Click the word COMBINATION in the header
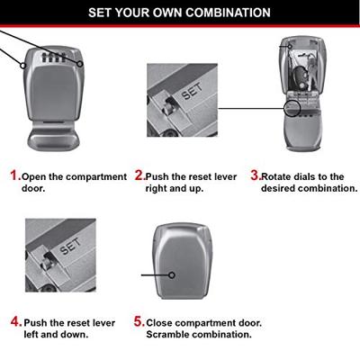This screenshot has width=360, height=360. tap(228, 13)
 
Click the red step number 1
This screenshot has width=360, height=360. tap(13, 175)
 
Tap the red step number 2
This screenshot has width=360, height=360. tap(139, 175)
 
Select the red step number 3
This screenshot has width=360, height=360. tap(255, 175)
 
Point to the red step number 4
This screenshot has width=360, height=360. tap(15, 322)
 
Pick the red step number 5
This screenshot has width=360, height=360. tap(139, 321)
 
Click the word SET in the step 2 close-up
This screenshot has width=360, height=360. tap(192, 91)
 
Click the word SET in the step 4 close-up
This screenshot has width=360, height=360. tap(70, 246)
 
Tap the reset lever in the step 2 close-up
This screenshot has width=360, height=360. tap(168, 106)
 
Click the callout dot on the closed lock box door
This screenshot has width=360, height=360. tap(172, 274)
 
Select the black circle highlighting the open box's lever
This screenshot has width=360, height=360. tap(292, 108)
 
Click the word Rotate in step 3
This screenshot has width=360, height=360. tap(276, 176)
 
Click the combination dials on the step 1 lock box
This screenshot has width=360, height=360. tap(54, 58)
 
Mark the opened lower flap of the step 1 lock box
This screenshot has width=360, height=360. tap(54, 136)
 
